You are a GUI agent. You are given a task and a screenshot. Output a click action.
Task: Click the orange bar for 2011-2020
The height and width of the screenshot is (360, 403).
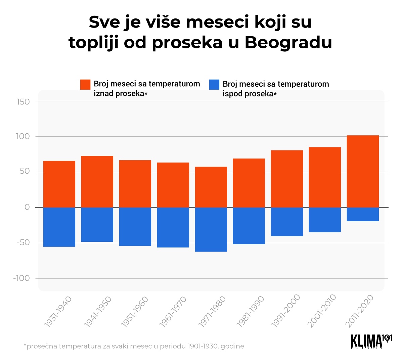click(363, 171)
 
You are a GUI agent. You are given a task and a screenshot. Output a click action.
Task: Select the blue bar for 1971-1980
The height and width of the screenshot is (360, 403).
click(211, 229)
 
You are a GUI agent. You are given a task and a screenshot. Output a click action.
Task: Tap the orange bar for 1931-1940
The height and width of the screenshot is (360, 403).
click(59, 184)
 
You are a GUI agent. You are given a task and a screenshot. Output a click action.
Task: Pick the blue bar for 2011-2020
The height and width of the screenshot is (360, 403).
click(363, 214)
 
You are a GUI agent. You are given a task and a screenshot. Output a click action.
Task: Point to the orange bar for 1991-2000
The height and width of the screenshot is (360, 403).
click(287, 179)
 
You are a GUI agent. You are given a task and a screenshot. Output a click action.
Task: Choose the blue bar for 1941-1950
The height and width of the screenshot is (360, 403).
click(97, 224)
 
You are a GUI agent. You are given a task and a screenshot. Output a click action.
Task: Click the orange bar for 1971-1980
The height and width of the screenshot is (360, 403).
click(211, 187)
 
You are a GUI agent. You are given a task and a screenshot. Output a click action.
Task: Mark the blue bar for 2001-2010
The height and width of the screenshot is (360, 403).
click(325, 220)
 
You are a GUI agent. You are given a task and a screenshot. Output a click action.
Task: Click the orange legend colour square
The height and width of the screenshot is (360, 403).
click(85, 85)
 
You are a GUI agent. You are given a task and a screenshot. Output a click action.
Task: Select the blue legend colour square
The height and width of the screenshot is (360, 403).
click(214, 85)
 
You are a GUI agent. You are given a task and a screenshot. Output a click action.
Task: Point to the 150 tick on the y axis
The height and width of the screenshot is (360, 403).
click(23, 101)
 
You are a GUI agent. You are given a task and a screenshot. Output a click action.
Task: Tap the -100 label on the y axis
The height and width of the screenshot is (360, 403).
click(21, 278)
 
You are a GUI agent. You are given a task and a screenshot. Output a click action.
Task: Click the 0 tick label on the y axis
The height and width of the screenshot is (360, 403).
click(27, 207)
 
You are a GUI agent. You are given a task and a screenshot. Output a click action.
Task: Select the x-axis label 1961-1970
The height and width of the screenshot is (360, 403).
click(173, 311)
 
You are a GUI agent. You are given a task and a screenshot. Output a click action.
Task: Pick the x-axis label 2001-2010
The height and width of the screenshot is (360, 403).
click(322, 311)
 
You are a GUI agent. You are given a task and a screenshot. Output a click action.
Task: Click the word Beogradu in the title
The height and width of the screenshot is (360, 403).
click(288, 43)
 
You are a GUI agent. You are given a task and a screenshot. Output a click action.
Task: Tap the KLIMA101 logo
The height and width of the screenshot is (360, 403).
click(371, 341)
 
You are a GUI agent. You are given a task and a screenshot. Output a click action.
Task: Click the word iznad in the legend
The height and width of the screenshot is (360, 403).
click(104, 94)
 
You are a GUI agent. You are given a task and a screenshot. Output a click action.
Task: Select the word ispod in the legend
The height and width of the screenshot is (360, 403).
click(232, 94)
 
